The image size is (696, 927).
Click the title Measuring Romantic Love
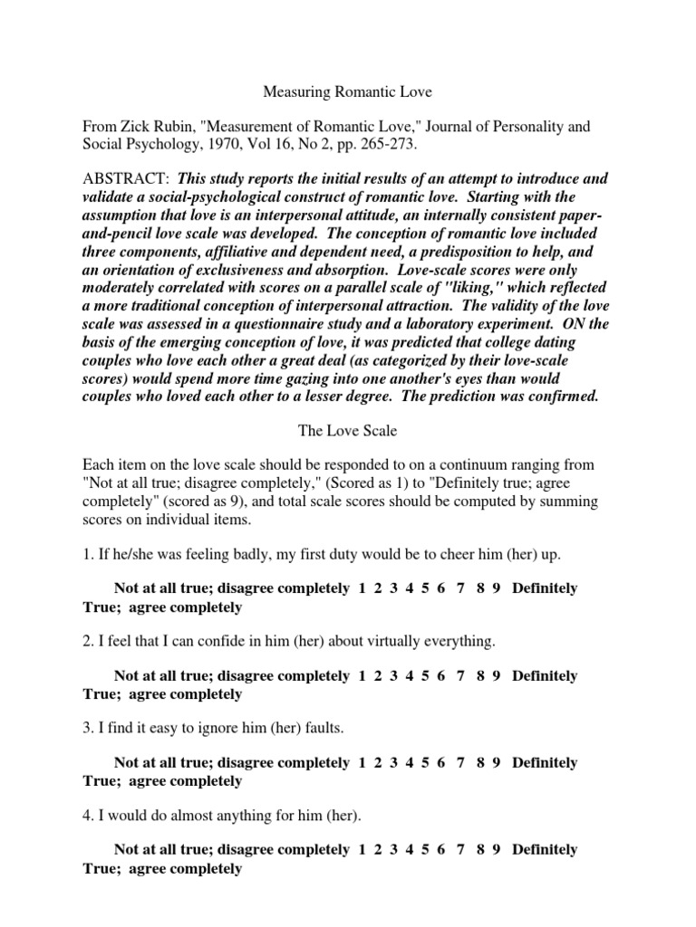click(x=347, y=91)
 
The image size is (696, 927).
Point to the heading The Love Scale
click(x=347, y=433)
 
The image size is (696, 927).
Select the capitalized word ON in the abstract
click(x=573, y=324)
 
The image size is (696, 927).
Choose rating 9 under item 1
click(x=497, y=588)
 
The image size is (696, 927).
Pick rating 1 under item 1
click(x=362, y=588)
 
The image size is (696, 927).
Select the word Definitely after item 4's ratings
click(x=545, y=850)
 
